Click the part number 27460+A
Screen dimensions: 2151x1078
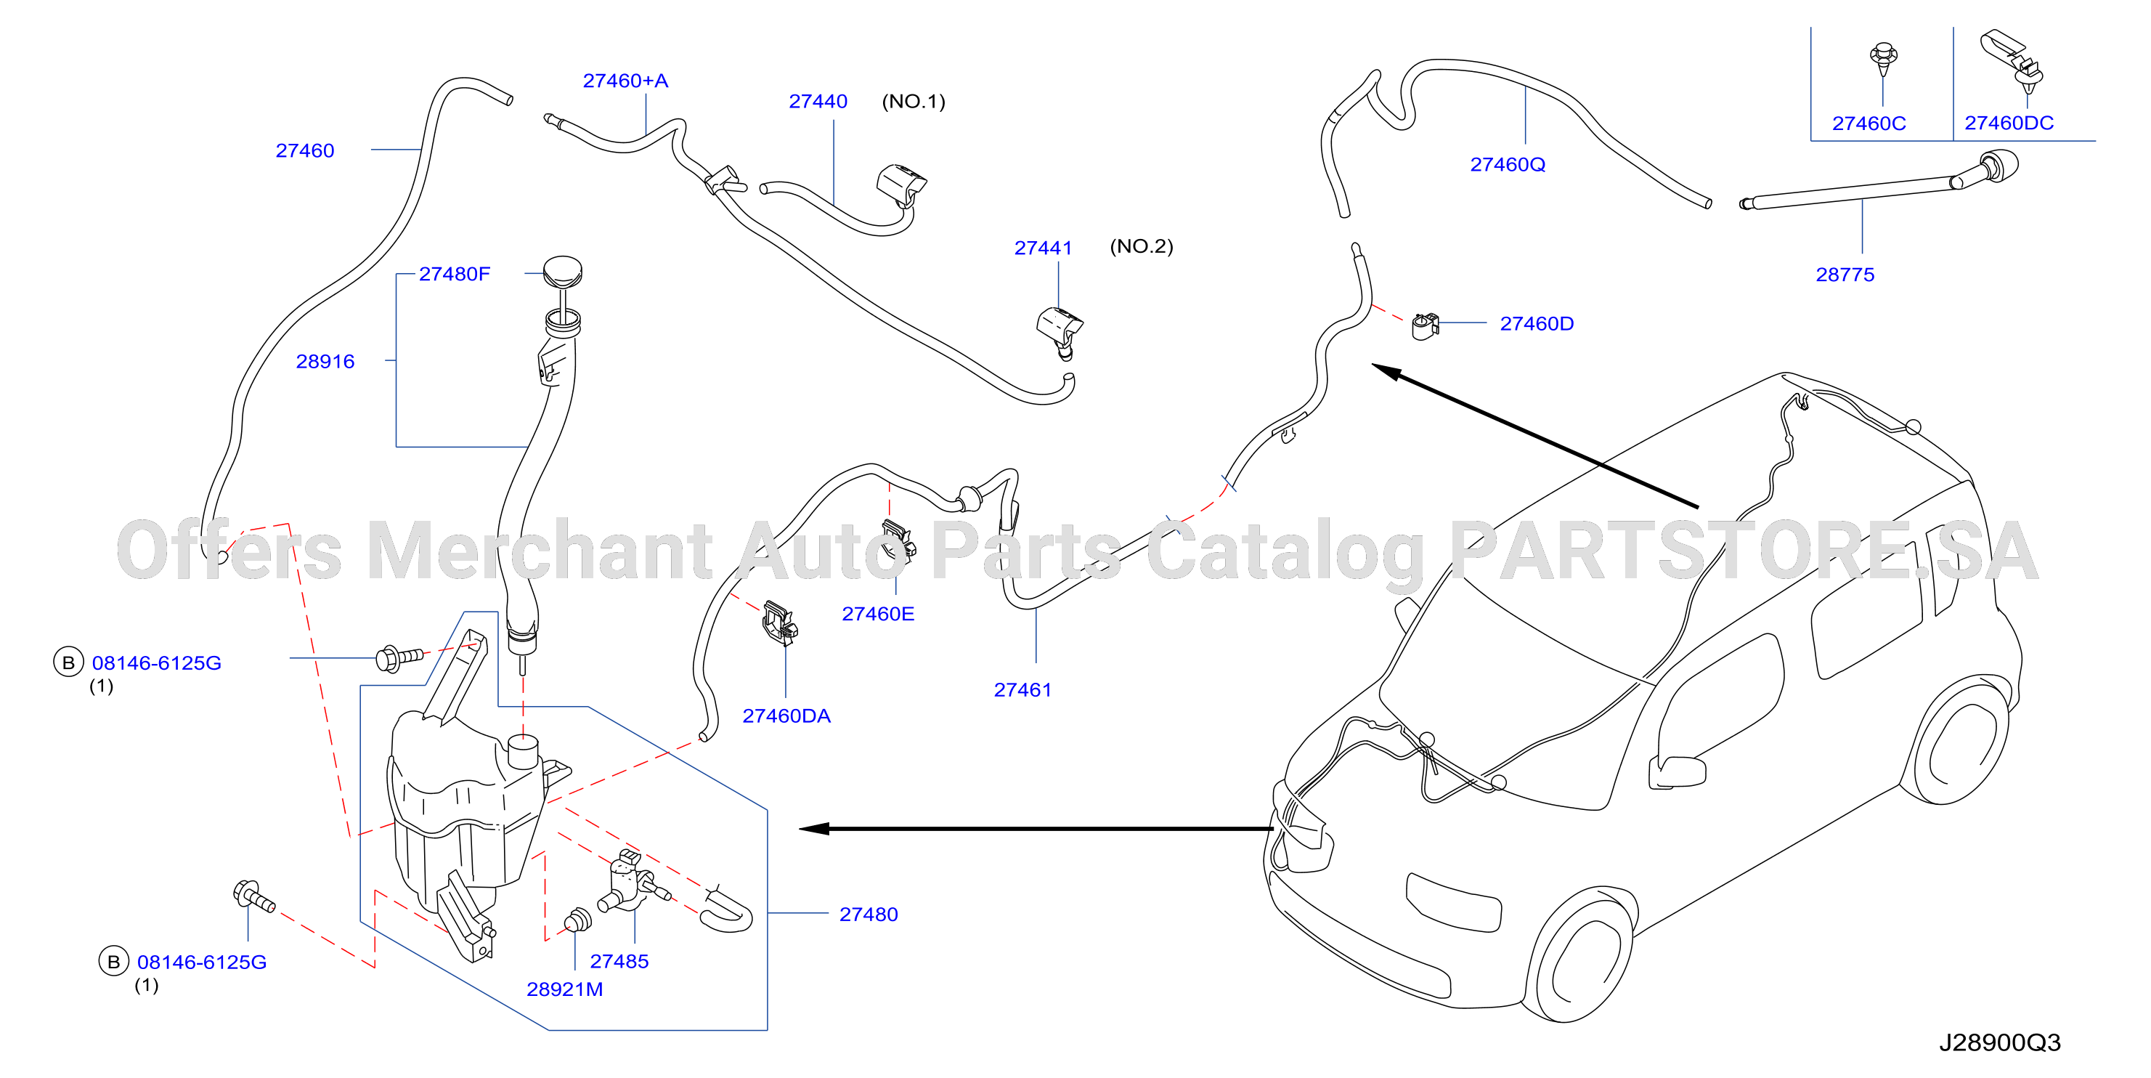tap(625, 81)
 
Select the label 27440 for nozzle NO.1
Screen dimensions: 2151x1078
tap(818, 102)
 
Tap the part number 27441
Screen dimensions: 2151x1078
tap(1043, 248)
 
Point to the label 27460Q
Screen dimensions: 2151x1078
tap(1507, 164)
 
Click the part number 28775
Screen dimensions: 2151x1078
tap(1845, 275)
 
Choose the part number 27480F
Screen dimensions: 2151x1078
tap(455, 274)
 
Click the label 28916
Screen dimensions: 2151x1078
tap(325, 362)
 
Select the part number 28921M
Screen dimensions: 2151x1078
tap(564, 989)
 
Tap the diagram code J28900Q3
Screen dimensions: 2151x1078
tap(1999, 1043)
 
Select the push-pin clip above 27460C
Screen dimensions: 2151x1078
tap(1883, 58)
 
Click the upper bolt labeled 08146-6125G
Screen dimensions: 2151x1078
tap(400, 657)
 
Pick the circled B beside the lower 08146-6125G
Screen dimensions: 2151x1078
tap(113, 962)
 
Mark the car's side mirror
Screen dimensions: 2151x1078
tap(1678, 771)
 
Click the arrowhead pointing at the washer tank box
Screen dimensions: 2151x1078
tap(814, 828)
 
